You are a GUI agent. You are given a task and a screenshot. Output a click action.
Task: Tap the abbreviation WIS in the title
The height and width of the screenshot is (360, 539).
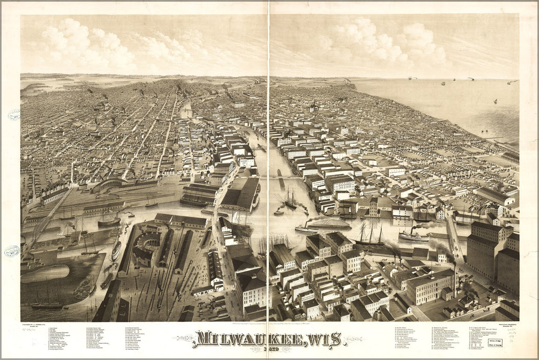point(324,339)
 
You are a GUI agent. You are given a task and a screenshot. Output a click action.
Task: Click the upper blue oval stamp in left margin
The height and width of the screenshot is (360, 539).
point(14,115)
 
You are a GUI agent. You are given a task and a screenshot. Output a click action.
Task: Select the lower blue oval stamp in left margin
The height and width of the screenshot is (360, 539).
point(12,251)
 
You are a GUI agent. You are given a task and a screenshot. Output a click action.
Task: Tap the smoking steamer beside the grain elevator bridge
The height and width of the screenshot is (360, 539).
point(414,236)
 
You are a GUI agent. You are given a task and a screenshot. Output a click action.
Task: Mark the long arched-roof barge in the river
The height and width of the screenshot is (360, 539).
point(329,224)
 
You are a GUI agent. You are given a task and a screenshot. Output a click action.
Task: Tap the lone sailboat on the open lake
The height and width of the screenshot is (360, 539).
point(495,101)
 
